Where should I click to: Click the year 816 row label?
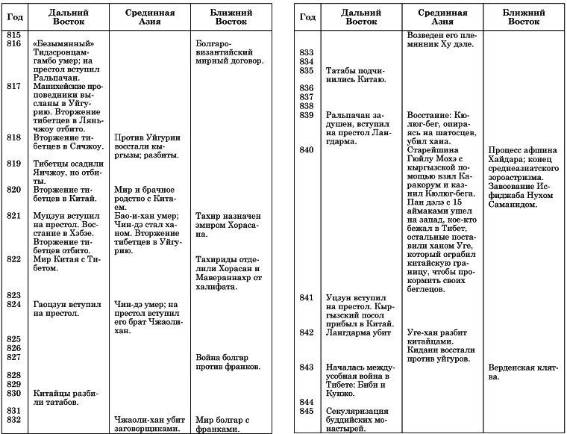[13, 44]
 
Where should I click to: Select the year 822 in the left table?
[13, 260]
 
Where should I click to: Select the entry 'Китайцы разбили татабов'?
[66, 397]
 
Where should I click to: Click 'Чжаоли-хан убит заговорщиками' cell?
[147, 424]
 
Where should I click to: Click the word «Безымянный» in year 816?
[66, 44]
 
